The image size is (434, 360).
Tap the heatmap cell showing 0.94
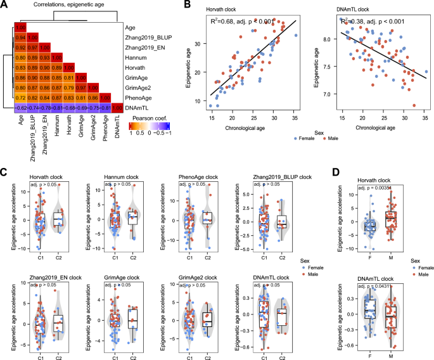[x=20, y=38]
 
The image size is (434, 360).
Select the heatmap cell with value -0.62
[x=20, y=109]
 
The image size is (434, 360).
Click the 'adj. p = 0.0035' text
[x=375, y=188]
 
